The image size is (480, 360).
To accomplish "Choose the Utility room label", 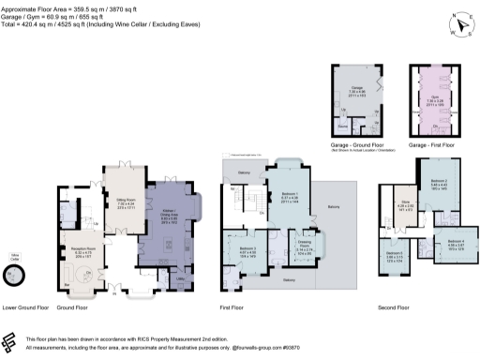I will pos(179,277).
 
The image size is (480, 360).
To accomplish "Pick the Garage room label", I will pos(358,89).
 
